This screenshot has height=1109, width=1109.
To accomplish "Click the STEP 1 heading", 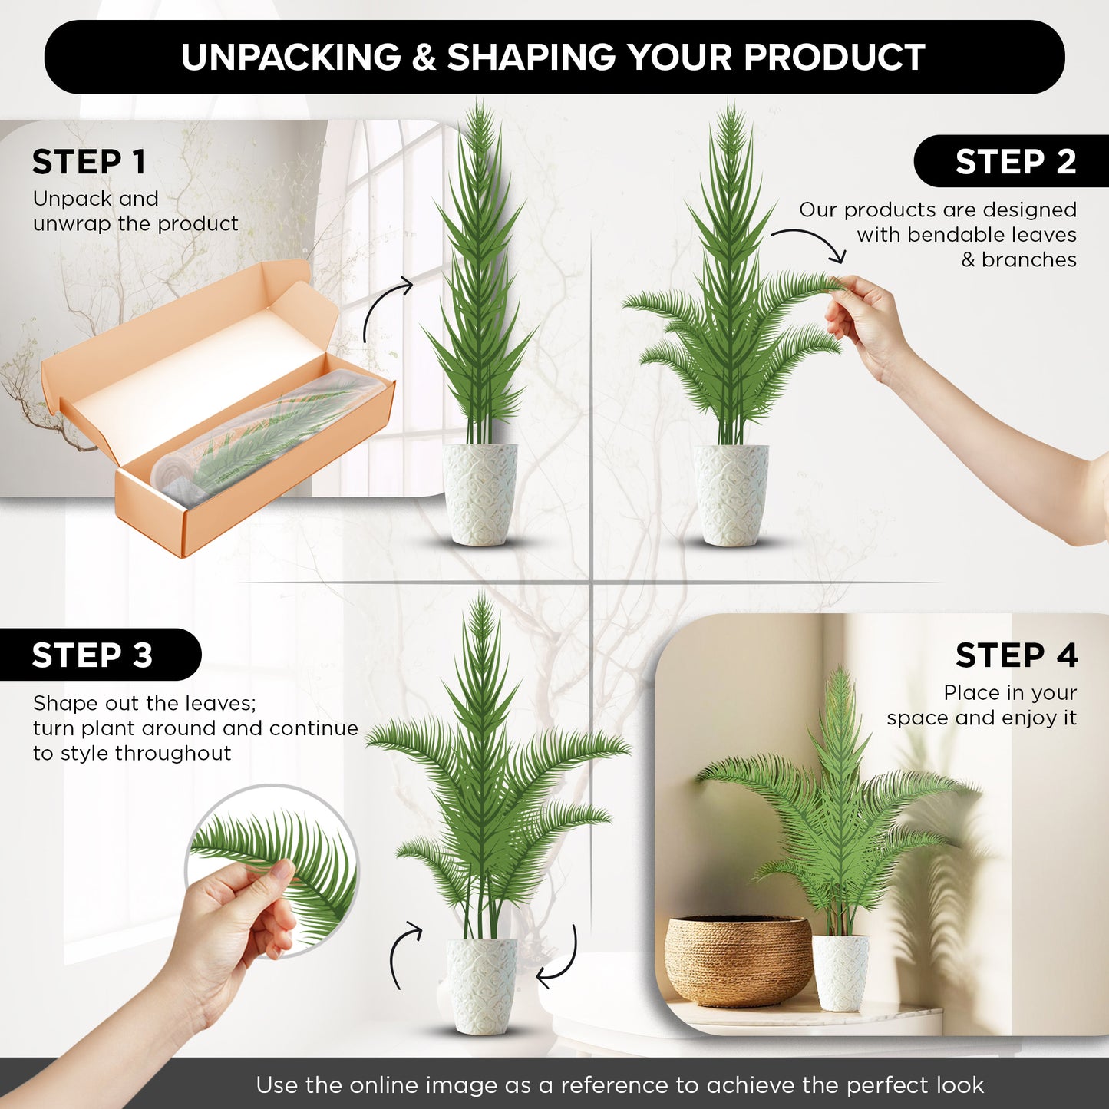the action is [89, 162].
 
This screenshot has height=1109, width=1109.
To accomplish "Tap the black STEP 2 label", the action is [1012, 161].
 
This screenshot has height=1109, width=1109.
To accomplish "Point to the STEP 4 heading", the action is [1016, 655].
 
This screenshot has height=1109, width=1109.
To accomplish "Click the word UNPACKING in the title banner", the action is [291, 57].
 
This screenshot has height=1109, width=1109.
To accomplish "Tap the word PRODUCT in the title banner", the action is [834, 57].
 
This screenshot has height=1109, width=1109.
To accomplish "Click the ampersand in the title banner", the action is [424, 57].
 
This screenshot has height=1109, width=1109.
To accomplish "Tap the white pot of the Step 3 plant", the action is [481, 986].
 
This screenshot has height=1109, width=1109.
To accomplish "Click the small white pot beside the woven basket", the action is [840, 972].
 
